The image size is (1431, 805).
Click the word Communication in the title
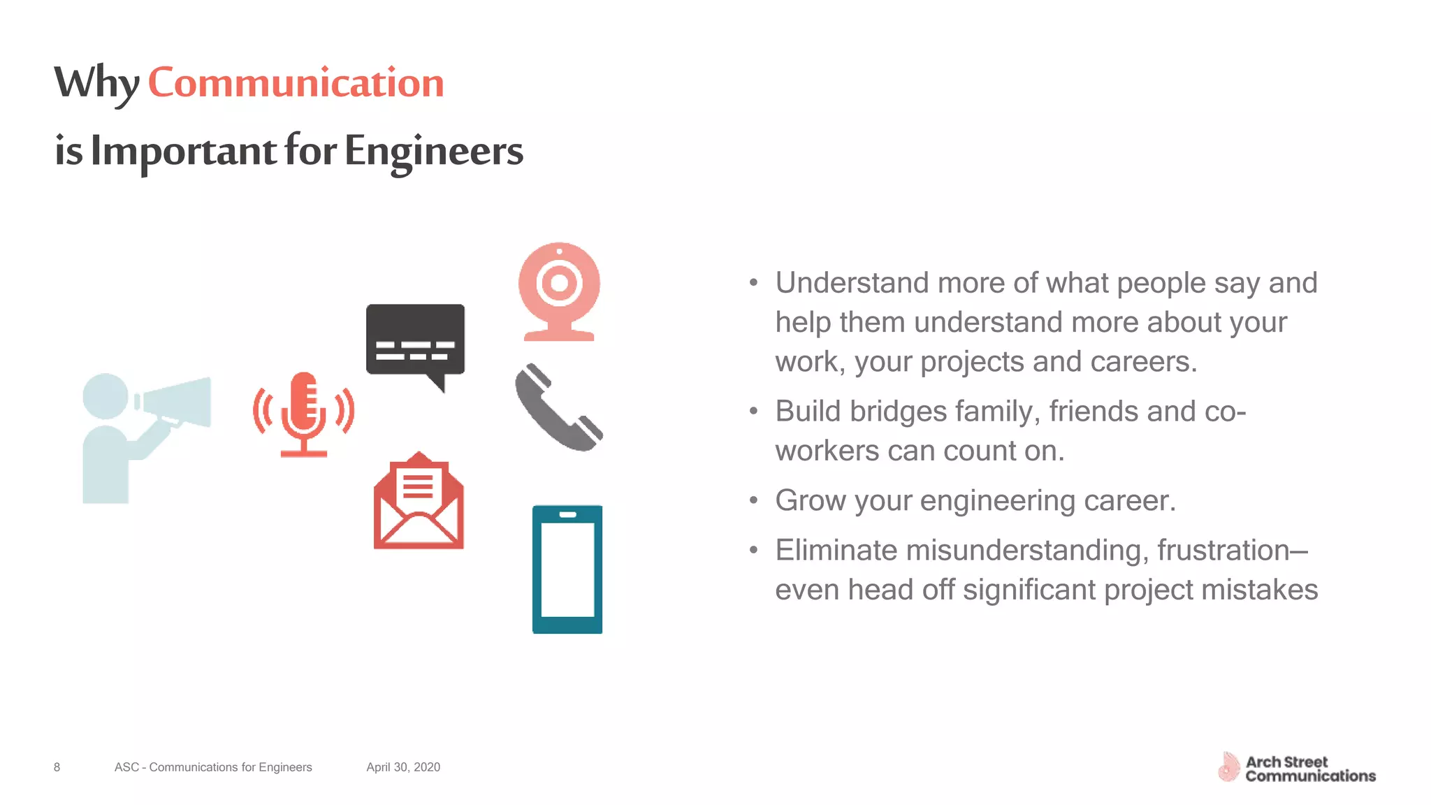pos(296,83)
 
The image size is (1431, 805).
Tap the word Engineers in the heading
pos(433,151)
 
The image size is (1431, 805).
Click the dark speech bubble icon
pos(415,340)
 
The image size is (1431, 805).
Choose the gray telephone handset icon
pos(558,407)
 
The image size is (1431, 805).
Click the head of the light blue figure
pos(105,396)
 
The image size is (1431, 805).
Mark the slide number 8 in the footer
pos(57,767)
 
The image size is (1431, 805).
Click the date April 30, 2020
pos(403,767)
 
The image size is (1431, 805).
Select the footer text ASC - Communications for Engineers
pos(213,767)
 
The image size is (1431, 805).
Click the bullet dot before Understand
pos(753,283)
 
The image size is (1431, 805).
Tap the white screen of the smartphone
pos(567,570)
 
